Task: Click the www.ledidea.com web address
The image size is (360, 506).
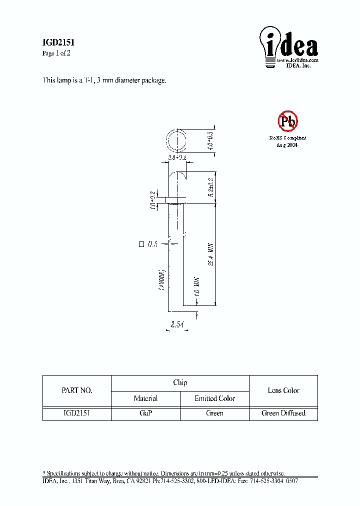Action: tap(298, 60)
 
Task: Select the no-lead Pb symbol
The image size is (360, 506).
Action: tap(287, 120)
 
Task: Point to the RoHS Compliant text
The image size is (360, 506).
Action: tap(287, 138)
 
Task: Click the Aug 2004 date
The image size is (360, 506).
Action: tap(287, 144)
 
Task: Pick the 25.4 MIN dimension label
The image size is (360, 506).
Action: tap(211, 255)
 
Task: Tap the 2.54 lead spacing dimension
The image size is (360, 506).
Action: tap(177, 325)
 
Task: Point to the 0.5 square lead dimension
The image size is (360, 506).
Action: tap(148, 244)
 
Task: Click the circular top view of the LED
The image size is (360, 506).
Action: tap(176, 140)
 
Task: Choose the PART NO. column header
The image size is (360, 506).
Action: tap(76, 390)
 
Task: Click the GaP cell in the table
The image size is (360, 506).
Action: tap(145, 413)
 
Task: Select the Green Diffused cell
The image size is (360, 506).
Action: tap(283, 413)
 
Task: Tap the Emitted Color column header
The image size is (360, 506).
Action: tap(214, 398)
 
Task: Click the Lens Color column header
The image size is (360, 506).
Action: tap(283, 390)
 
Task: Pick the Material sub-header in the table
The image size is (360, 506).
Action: tap(145, 398)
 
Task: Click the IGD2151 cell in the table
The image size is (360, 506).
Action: tap(76, 413)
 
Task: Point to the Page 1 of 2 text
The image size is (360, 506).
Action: tap(56, 53)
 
